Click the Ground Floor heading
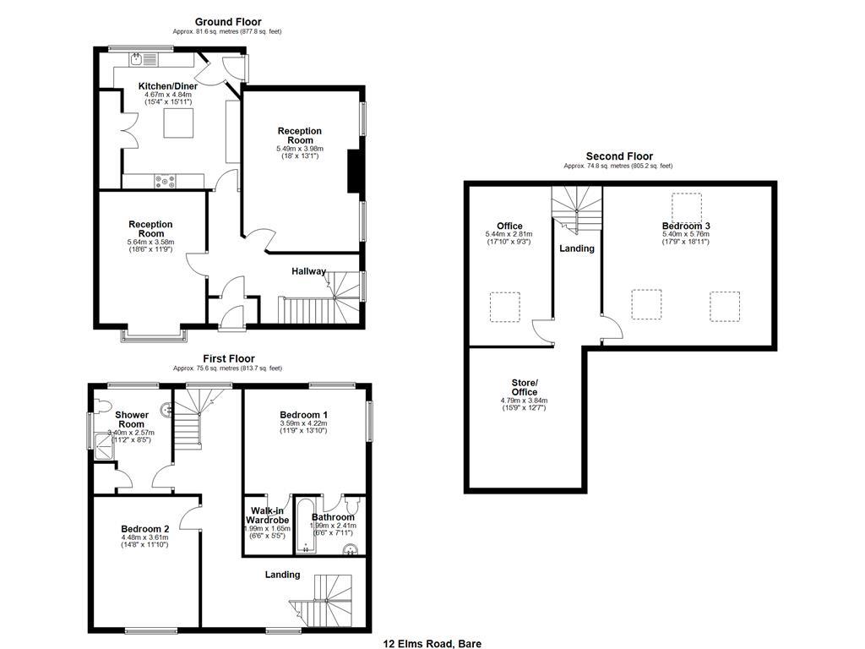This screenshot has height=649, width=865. (x=228, y=22)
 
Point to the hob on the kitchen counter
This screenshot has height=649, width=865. (x=163, y=179)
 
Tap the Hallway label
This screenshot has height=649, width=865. (x=308, y=271)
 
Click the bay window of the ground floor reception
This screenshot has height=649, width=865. (x=154, y=335)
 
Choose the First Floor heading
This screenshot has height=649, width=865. (x=227, y=358)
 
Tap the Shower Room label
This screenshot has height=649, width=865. (x=132, y=419)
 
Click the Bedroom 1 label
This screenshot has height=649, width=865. (x=303, y=415)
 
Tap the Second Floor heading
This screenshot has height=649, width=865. (x=619, y=156)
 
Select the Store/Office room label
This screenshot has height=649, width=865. (x=524, y=387)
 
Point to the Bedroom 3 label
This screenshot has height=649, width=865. (x=685, y=226)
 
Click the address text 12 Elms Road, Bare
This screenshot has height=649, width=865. (x=432, y=643)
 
